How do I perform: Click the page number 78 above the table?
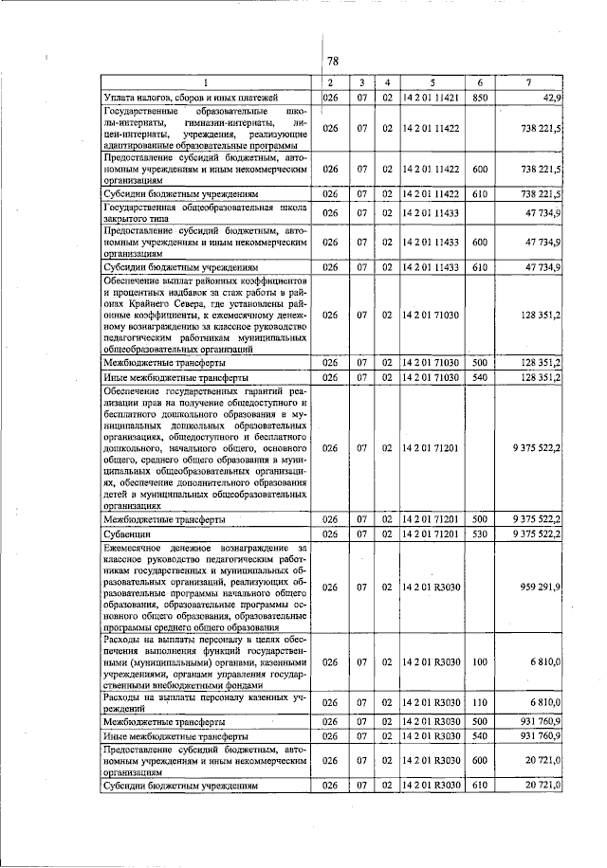(333, 62)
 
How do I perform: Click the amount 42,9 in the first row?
(549, 98)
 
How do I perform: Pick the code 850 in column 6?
(480, 98)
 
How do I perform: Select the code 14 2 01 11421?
(430, 98)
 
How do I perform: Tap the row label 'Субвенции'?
(124, 534)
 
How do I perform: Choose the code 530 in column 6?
(480, 534)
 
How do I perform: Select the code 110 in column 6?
(480, 702)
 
